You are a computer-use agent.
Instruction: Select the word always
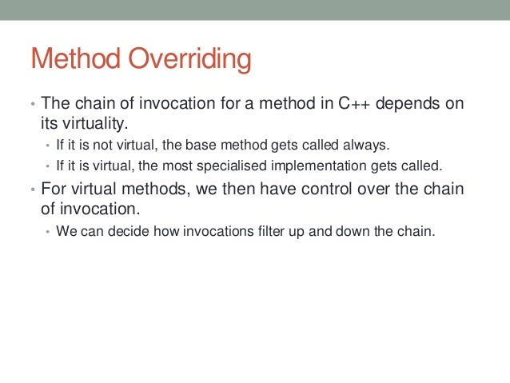click(x=367, y=146)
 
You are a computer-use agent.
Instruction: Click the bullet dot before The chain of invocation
click(x=32, y=106)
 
